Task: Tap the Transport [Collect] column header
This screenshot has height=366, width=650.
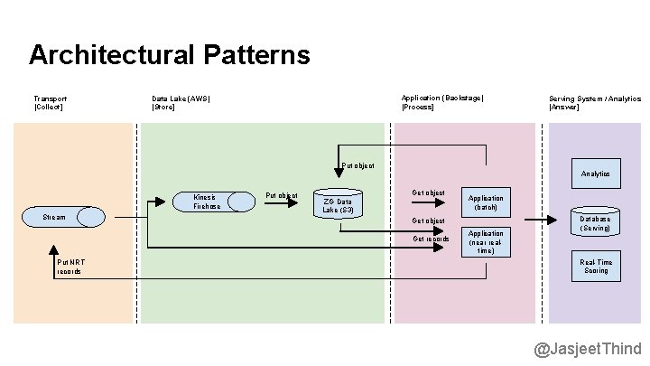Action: (x=50, y=102)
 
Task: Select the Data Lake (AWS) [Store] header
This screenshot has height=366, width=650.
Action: (x=181, y=102)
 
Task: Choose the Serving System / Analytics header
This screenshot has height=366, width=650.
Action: (x=595, y=102)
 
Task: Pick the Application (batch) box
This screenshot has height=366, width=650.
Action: (x=486, y=202)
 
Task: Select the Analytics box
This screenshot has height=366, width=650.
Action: (x=595, y=174)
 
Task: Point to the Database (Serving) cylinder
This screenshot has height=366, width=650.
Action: (x=595, y=223)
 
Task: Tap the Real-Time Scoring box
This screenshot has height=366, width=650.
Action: (x=595, y=267)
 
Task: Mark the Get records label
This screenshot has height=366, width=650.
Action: (x=431, y=239)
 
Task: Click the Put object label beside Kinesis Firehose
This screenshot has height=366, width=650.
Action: (x=281, y=195)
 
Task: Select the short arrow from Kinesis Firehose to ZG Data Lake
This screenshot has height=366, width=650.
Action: (x=281, y=204)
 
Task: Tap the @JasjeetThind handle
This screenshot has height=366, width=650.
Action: (x=587, y=349)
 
